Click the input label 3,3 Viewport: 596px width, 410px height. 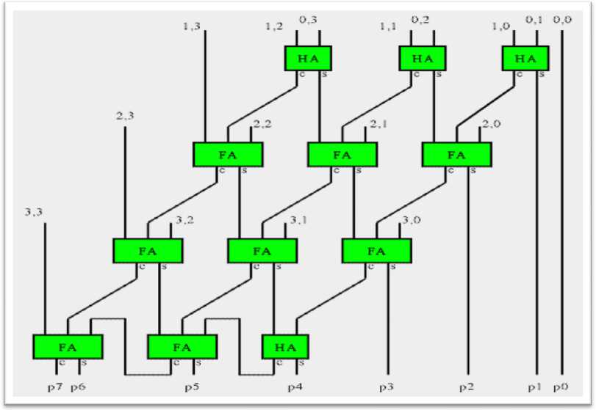[35, 213]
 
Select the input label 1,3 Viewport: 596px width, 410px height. [193, 27]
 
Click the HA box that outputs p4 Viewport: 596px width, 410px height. [285, 346]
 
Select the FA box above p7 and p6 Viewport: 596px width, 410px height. [68, 346]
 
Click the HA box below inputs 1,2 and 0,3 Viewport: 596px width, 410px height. [308, 58]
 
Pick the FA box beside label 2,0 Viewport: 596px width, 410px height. [456, 154]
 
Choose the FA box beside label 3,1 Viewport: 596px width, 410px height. [262, 250]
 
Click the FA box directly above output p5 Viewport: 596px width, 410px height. [182, 346]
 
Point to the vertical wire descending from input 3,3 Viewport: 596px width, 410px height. [46, 279]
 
